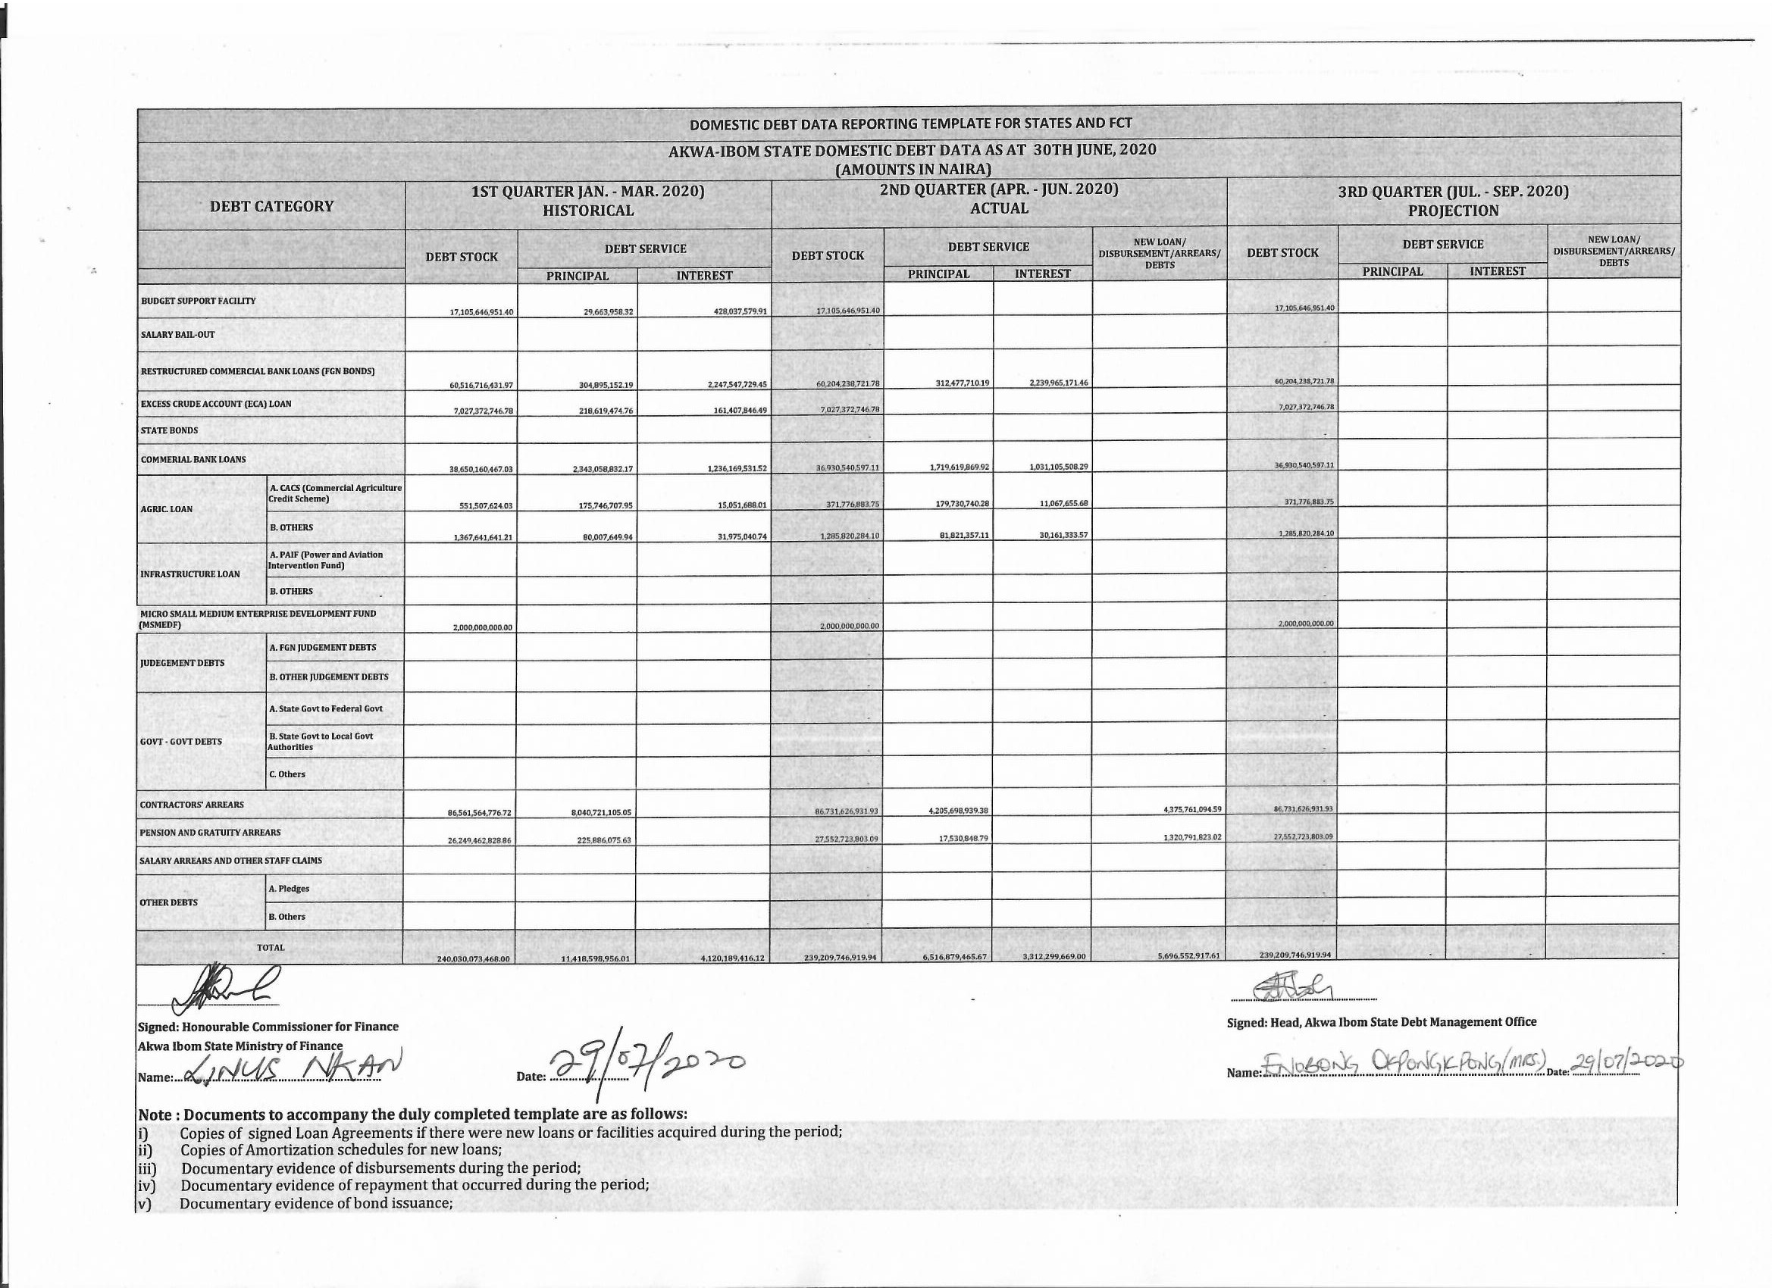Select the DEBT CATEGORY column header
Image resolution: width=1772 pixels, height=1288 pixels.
tap(271, 206)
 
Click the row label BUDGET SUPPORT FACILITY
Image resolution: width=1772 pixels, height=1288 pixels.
tap(199, 301)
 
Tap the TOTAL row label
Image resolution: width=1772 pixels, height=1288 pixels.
tap(271, 948)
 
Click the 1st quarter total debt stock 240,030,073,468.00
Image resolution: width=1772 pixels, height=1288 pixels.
tap(474, 958)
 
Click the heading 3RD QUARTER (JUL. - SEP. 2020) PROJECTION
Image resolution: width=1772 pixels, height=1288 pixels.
tap(1453, 201)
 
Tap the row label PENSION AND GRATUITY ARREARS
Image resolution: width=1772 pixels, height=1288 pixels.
tap(210, 833)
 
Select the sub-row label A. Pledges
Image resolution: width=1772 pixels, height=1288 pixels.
tap(289, 889)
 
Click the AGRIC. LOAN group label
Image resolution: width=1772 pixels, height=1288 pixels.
tap(167, 509)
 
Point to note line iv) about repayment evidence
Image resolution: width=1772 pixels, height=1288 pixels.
tap(414, 1185)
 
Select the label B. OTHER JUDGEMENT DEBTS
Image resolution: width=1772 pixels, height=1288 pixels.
tap(329, 677)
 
